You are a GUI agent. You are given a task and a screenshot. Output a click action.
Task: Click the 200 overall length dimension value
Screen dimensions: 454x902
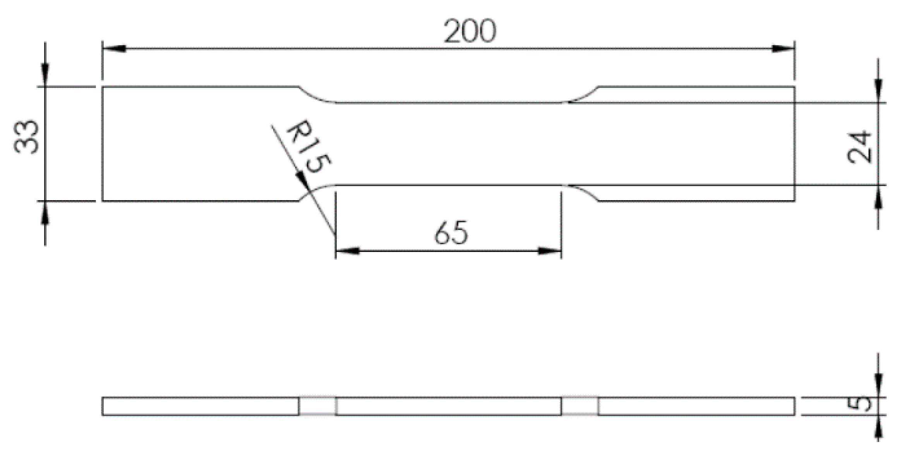[x=470, y=31]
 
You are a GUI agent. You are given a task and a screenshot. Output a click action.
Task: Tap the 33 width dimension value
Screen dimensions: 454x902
[x=26, y=137]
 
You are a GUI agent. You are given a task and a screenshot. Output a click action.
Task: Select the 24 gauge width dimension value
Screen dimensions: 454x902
[x=859, y=147]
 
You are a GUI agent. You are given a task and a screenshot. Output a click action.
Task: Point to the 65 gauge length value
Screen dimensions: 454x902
[x=451, y=233]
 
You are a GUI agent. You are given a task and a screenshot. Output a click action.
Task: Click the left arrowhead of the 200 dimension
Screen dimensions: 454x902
[x=114, y=49]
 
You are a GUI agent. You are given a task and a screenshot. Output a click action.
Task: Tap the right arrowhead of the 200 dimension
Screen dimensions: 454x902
[x=783, y=49]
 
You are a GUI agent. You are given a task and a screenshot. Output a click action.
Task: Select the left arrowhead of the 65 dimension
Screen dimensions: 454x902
[x=348, y=251]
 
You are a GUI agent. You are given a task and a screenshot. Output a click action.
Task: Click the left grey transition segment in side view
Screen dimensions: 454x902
[x=317, y=406]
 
